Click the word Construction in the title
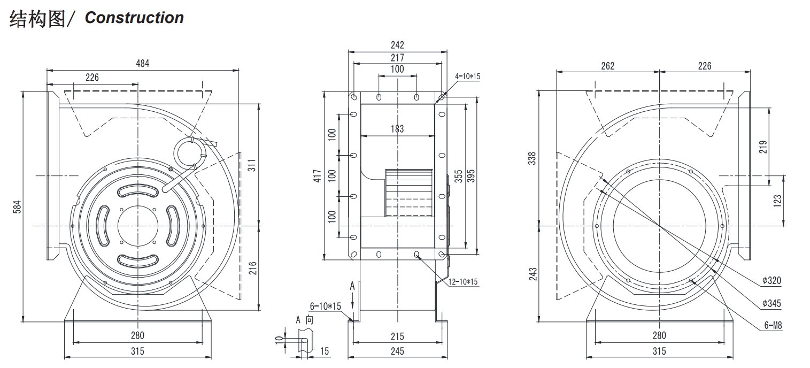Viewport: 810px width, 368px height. pos(134,18)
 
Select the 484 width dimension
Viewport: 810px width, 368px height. pos(143,63)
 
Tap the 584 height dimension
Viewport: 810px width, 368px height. pos(17,206)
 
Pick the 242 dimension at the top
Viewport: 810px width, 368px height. pos(397,45)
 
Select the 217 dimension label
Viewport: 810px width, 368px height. pos(397,57)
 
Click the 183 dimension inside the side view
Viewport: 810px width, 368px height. pos(397,129)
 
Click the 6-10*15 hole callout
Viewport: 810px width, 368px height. pos(326,306)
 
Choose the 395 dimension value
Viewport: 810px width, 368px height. pos(471,175)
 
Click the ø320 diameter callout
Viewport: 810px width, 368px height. pos(772,281)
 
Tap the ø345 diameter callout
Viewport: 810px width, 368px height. pos(772,303)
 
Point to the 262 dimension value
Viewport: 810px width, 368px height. pos(608,66)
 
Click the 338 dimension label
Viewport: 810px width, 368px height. pos(531,159)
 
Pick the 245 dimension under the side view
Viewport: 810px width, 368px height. pos(397,351)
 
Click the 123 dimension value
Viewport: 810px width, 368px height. pos(777,200)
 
